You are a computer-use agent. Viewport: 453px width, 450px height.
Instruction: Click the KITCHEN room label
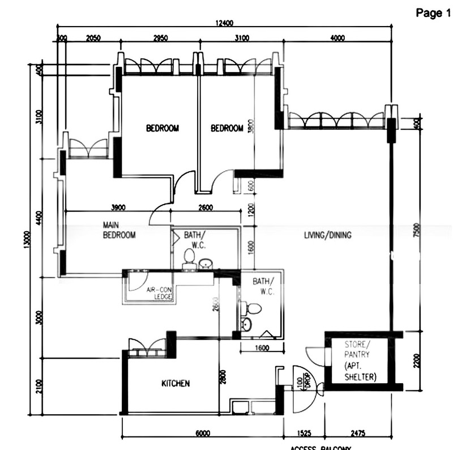pos(176,384)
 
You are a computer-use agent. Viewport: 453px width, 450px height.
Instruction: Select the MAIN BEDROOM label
pos(119,230)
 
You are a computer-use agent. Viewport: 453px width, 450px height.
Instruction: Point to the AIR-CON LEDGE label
pos(159,292)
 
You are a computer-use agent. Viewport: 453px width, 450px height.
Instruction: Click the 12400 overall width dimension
pos(224,23)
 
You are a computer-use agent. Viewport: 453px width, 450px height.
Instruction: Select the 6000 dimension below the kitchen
pos(203,434)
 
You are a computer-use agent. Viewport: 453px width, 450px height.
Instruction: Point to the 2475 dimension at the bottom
pos(358,434)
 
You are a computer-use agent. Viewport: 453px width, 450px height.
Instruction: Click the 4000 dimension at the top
pos(337,39)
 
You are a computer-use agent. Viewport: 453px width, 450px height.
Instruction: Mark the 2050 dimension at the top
pos(93,39)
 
